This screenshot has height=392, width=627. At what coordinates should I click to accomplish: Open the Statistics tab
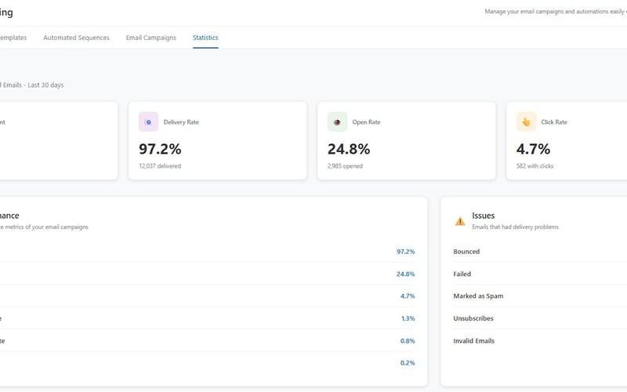point(205,38)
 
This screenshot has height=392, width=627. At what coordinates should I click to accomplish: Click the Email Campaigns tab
point(150,38)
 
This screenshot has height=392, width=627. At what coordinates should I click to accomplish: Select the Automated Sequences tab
point(76,38)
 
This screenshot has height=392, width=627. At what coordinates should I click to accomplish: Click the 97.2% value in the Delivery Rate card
point(160,149)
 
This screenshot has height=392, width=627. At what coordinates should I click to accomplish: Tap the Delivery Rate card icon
point(148,122)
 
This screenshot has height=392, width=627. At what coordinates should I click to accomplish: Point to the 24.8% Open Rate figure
point(349,149)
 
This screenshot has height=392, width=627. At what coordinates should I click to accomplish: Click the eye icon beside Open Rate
point(337,122)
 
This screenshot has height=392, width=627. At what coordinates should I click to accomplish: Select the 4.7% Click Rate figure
point(533,149)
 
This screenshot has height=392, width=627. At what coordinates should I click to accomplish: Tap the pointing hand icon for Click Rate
point(526,122)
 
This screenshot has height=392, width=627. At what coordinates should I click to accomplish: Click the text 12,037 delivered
point(160,166)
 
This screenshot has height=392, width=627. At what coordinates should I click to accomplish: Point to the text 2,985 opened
point(346,166)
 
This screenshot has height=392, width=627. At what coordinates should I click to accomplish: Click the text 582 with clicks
point(535,166)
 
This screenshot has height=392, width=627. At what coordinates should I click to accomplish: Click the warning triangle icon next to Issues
point(460,221)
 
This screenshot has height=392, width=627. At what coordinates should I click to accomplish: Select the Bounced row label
point(466,252)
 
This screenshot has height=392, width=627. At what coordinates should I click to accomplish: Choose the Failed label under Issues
point(462,274)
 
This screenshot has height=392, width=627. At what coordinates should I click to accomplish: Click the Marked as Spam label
point(478,296)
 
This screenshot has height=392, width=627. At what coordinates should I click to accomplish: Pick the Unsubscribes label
point(473,318)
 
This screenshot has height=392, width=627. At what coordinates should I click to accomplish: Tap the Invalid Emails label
point(473,341)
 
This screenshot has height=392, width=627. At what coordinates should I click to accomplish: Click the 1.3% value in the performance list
point(408,318)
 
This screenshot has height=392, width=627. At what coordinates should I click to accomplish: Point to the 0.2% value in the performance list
point(408,363)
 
